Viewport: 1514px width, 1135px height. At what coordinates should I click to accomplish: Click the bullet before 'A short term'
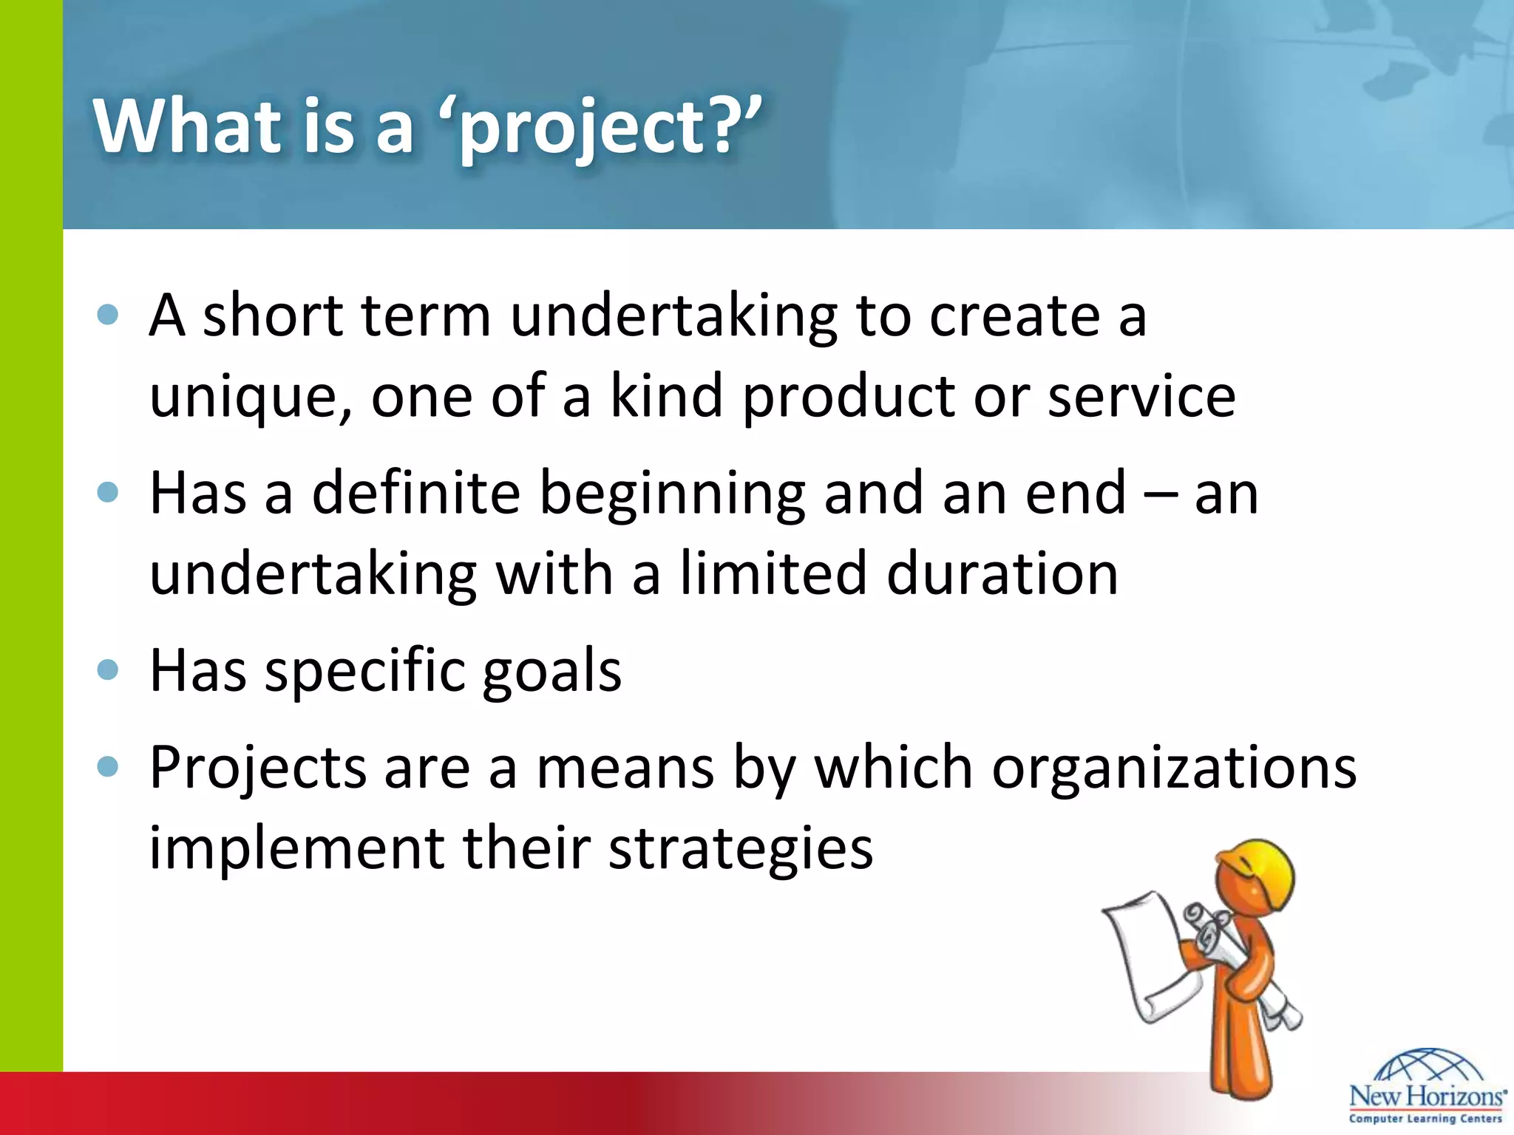108,316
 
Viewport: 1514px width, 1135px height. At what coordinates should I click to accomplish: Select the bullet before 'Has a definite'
108,493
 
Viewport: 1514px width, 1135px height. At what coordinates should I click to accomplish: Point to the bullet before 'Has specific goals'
108,669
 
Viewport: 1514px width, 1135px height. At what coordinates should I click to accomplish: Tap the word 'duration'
1002,573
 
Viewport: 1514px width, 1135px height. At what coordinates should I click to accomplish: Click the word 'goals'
551,671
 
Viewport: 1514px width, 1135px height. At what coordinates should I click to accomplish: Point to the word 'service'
1141,396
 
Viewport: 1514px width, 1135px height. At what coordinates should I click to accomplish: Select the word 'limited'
773,573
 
